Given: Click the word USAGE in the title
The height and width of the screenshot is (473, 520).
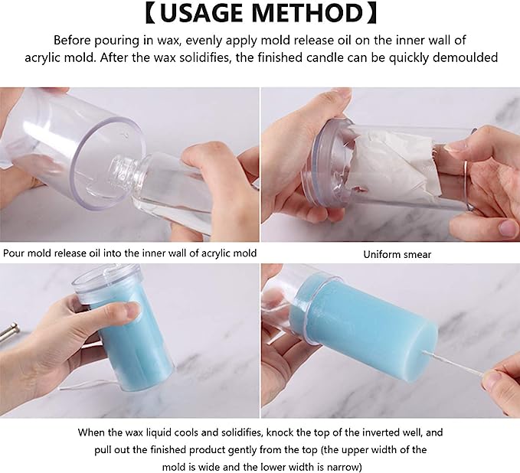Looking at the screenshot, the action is (x=202, y=13).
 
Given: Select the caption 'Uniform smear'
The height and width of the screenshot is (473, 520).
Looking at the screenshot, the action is (x=397, y=255).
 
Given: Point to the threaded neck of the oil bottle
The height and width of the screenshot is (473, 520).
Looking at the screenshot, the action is (x=123, y=168).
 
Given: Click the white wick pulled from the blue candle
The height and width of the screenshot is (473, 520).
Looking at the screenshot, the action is (x=455, y=364).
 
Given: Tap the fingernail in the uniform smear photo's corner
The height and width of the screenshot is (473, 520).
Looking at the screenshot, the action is (x=508, y=227).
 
